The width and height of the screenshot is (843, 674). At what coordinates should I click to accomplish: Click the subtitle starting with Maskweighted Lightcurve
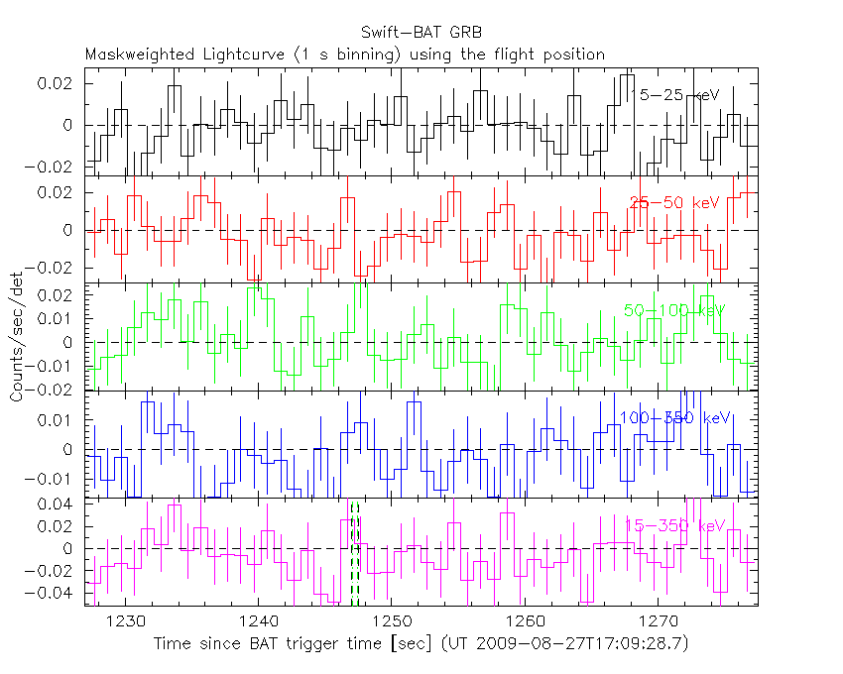click(x=345, y=55)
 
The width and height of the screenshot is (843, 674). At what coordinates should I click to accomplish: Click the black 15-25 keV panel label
click(x=674, y=94)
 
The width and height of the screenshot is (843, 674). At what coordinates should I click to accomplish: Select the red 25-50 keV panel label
click(x=674, y=202)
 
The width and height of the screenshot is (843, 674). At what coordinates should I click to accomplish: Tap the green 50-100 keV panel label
click(x=674, y=310)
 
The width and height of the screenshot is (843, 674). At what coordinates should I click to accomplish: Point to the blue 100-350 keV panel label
click(x=674, y=418)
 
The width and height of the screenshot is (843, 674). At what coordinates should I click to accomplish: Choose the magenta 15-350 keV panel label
click(x=674, y=525)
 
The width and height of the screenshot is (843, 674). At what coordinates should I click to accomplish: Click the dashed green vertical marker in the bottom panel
click(x=355, y=555)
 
